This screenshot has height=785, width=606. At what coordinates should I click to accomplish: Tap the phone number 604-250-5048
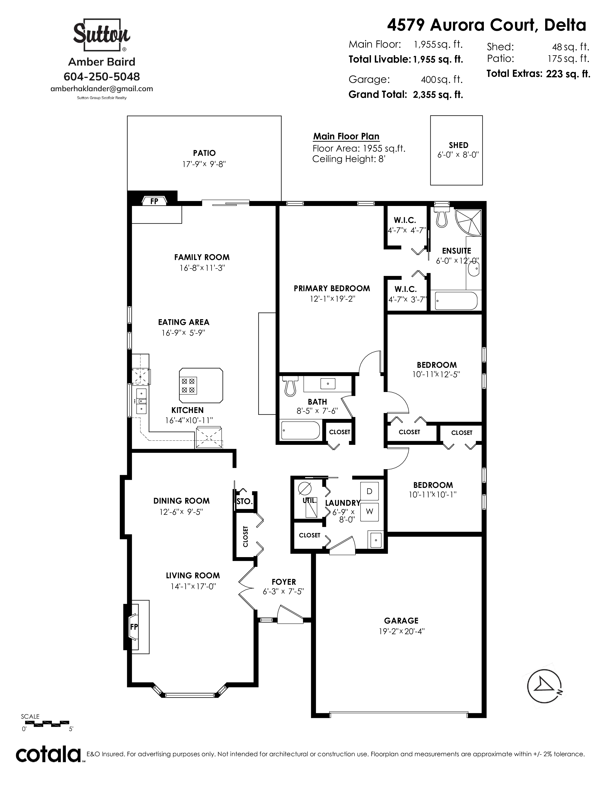(102, 77)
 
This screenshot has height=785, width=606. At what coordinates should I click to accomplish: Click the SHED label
(458, 145)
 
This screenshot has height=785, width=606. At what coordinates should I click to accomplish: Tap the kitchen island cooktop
(188, 385)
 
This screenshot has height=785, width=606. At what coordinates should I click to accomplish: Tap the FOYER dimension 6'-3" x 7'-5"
(284, 592)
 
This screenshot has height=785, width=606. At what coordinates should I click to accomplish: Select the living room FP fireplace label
(134, 627)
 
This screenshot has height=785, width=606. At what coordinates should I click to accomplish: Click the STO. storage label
(245, 501)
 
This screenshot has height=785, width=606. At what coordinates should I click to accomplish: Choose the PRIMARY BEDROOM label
(332, 288)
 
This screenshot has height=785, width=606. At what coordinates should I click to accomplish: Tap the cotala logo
(48, 755)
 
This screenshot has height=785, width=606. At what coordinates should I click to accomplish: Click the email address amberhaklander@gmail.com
(102, 89)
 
